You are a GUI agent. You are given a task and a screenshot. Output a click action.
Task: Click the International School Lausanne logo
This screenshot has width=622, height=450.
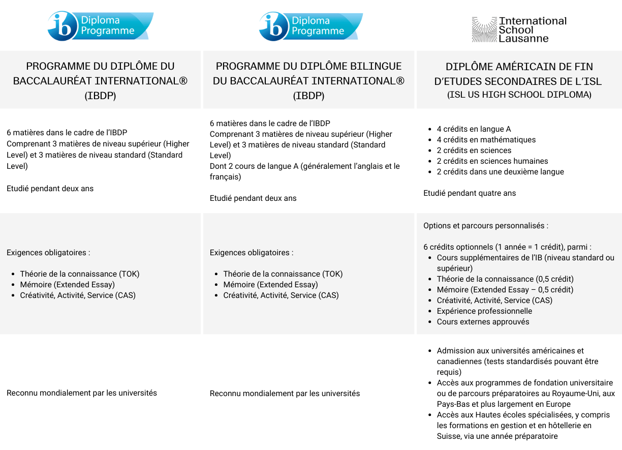519,29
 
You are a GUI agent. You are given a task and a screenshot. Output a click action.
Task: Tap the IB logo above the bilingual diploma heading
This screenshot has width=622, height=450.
310,26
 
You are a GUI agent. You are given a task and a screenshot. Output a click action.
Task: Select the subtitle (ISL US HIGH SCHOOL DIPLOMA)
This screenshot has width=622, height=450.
519,95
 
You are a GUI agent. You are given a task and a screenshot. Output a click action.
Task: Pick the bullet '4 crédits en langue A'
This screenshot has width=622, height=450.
474,129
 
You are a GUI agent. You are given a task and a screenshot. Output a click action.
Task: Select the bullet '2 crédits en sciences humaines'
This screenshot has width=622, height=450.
492,161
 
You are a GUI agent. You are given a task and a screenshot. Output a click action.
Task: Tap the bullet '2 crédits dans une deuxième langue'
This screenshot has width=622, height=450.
500,172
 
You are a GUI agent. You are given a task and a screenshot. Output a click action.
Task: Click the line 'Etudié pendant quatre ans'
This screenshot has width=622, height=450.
470,193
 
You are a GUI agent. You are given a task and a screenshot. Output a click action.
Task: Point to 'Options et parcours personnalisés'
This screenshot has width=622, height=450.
485,226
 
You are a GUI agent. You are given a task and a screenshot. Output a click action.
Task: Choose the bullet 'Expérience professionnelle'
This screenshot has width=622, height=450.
484,311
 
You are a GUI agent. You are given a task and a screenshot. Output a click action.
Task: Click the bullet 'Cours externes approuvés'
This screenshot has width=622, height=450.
483,322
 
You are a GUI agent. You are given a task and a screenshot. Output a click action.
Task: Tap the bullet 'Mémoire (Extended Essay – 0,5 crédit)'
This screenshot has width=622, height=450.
505,290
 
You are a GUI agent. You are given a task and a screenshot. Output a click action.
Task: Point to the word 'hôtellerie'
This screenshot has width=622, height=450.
563,426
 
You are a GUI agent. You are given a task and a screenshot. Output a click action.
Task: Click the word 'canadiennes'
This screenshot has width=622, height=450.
459,362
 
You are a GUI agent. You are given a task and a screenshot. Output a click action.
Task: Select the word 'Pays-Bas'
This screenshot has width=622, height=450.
452,404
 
